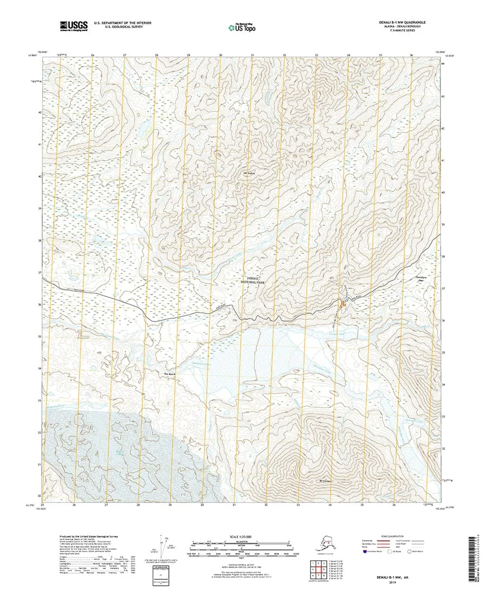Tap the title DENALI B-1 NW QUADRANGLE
coord(402,22)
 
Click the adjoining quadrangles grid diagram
coord(318,568)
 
